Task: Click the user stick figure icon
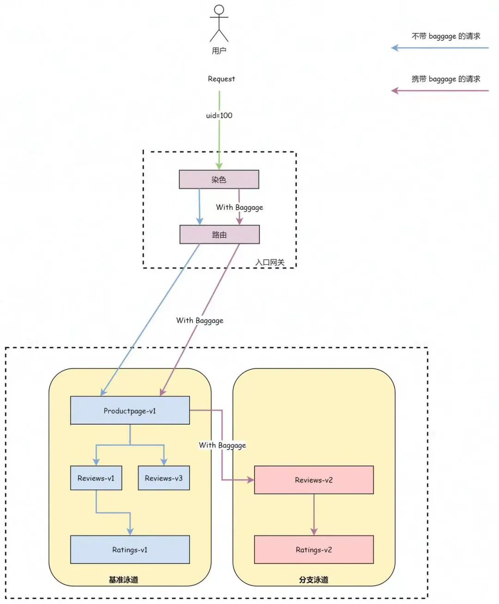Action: coord(219,23)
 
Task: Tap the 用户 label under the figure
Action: coord(219,51)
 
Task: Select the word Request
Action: coord(221,79)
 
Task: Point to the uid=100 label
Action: coord(219,116)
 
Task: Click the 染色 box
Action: coord(219,179)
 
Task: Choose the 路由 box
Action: coord(219,235)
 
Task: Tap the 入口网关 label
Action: coord(270,262)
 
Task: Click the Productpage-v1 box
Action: coord(130,411)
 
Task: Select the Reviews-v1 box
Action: coord(96,478)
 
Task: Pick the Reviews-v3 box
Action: coord(164,478)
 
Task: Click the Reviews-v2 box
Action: coord(314,480)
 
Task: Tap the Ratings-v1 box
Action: coord(130,550)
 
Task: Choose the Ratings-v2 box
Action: coord(314,550)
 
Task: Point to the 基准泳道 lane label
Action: coord(123,580)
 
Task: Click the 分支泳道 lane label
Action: coord(314,580)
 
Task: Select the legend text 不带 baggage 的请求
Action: coord(446,36)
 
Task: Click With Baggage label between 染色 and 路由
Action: coord(239,207)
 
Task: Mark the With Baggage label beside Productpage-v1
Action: coord(222,445)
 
